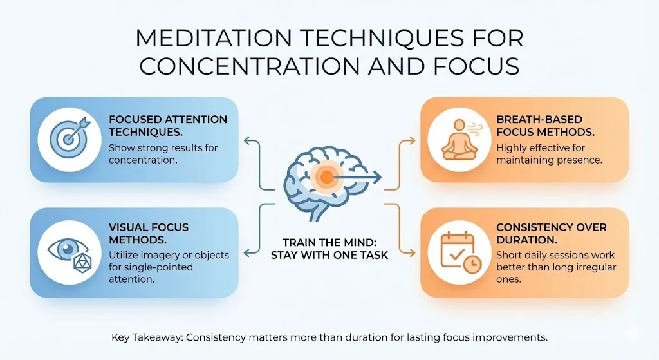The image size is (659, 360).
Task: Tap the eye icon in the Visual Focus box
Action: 65,249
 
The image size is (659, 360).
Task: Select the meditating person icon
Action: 458,139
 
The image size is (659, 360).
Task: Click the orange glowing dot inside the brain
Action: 326,177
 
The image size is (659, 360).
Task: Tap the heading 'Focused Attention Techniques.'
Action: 168,126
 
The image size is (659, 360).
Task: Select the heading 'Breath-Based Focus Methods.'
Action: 545,126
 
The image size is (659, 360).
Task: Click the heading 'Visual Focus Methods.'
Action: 149,233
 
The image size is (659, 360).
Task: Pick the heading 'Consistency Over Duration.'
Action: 552,233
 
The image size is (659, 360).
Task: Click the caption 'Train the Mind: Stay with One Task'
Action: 329,249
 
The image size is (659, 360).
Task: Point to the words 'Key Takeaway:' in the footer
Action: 147,337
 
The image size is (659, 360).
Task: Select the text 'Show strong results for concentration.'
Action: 163,154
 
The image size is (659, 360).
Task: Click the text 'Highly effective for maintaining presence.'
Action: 550,154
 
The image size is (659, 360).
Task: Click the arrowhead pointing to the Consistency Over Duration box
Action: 412,252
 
